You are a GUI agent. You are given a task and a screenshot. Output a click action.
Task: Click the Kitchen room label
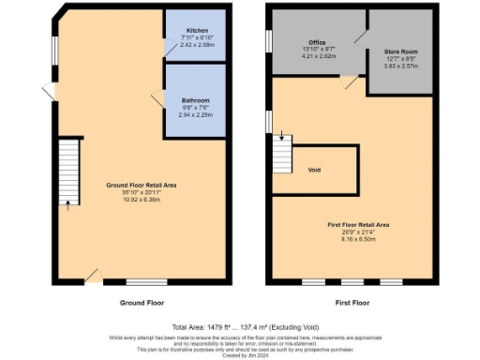pos(196,31)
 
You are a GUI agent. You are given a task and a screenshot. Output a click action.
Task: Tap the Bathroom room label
pos(196,99)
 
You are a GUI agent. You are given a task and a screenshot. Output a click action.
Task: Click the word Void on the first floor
pos(315,170)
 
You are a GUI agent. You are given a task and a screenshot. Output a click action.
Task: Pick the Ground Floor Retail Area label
pos(138,187)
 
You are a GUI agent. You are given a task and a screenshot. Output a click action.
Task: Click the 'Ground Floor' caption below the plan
pos(142,304)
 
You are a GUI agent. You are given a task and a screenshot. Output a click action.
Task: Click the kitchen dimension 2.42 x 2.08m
pos(196,44)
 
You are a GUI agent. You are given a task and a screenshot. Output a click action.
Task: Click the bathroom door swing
pos(157,95)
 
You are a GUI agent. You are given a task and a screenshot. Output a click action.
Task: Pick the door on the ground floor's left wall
pos(48,90)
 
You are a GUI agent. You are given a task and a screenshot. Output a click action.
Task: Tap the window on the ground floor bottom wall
pos(141,281)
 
